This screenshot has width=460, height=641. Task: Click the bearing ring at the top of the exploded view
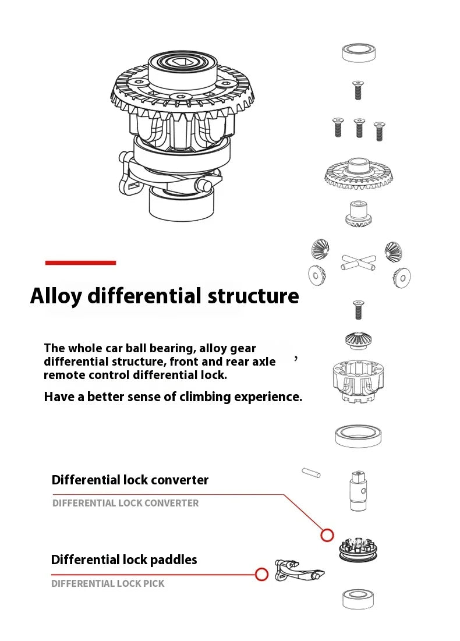(359, 52)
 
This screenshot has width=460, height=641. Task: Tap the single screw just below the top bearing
(359, 90)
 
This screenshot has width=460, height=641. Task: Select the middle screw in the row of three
(359, 128)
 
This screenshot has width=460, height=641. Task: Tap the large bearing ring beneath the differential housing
(358, 435)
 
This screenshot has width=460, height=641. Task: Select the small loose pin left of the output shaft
(311, 472)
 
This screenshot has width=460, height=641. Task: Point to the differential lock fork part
(299, 570)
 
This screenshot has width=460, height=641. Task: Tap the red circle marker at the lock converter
(327, 534)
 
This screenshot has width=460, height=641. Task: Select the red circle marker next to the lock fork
(262, 575)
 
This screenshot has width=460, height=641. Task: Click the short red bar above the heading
(80, 263)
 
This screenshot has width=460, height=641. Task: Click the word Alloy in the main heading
(56, 296)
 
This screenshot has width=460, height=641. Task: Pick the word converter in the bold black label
(179, 480)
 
